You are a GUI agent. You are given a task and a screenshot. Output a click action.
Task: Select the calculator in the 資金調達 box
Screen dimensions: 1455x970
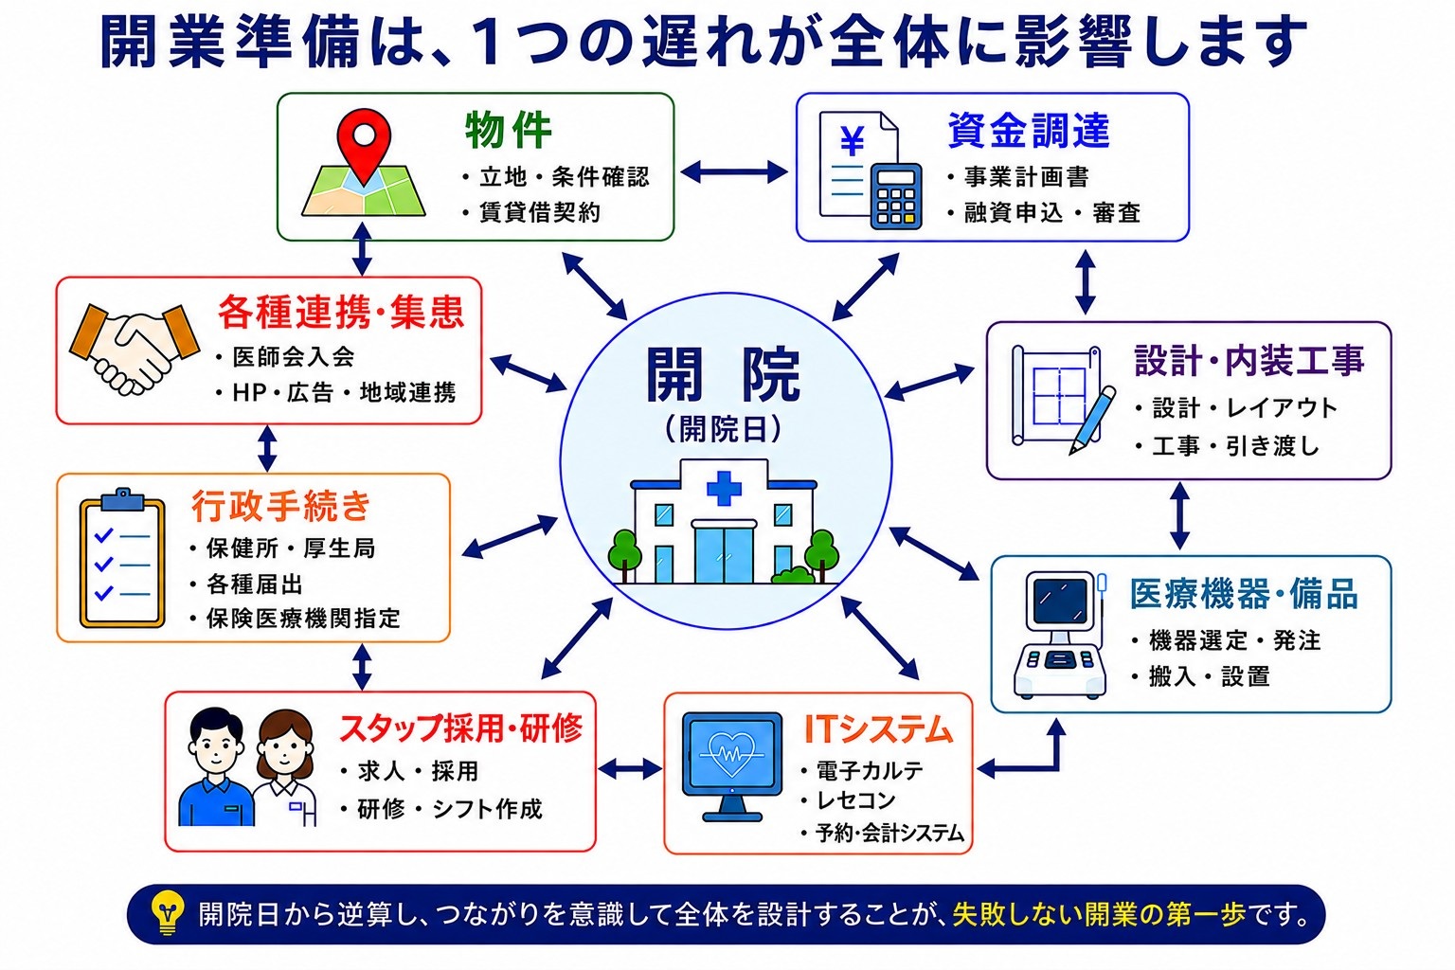(x=896, y=195)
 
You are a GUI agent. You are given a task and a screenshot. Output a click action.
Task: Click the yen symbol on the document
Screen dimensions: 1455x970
(x=853, y=140)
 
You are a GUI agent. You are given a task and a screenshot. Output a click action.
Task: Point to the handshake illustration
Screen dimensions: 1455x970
(x=135, y=348)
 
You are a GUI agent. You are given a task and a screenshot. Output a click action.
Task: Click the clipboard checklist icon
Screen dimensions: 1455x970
(x=122, y=558)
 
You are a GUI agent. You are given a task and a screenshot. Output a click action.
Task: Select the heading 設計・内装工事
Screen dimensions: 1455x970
(x=1249, y=361)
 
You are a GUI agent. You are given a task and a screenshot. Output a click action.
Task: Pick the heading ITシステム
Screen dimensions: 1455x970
(x=877, y=729)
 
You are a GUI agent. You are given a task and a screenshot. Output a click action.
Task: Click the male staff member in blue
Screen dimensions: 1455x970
(x=216, y=766)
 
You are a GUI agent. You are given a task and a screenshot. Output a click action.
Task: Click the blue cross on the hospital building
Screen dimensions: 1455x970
(x=724, y=488)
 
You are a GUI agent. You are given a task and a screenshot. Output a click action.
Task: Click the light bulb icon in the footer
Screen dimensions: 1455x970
(x=167, y=913)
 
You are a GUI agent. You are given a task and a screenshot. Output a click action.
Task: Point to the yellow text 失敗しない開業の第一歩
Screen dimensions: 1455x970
(x=1099, y=915)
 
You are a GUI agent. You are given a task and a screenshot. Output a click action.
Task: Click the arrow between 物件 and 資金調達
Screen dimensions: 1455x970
(x=734, y=172)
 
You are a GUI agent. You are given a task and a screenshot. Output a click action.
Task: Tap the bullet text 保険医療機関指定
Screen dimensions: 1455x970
(x=303, y=619)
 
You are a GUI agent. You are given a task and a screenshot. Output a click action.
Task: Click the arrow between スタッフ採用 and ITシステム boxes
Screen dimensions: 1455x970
(x=629, y=769)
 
